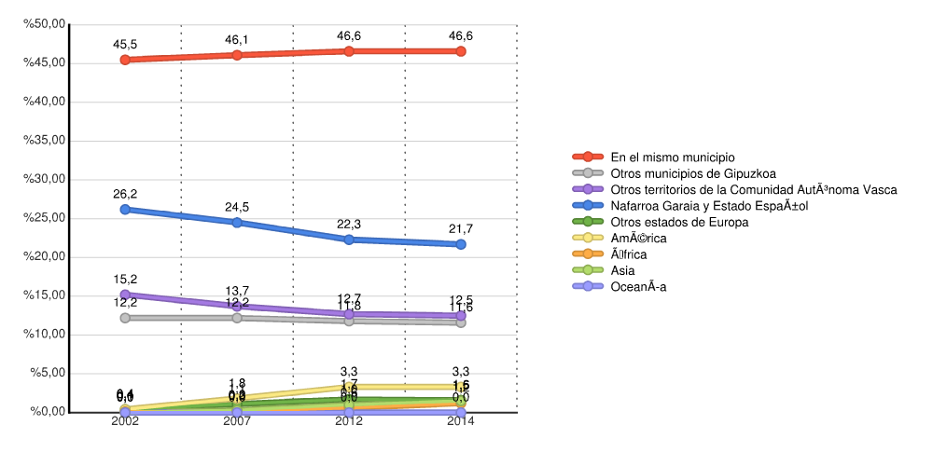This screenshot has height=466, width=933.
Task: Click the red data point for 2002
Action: coord(125,60)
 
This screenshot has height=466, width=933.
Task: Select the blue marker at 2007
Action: coord(237,223)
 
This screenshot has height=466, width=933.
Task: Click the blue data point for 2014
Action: coord(461,244)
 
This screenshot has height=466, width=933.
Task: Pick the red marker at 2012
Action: coord(349,50)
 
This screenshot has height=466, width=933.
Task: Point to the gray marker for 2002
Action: coord(125,318)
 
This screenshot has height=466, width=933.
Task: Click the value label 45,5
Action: coord(125,44)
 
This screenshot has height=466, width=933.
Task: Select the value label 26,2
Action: coord(125,194)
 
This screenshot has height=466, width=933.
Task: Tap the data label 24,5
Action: coord(237,207)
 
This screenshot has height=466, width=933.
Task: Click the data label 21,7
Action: coord(461,228)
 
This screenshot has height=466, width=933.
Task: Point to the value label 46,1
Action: coord(237,40)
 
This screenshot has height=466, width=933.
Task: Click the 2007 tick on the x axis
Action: coord(237,421)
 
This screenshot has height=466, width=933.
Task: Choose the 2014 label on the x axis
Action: coord(461,421)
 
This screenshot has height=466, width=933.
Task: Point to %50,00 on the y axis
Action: coord(45,23)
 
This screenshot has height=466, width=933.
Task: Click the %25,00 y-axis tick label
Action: coord(45,218)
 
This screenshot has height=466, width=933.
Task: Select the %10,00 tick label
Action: coord(45,335)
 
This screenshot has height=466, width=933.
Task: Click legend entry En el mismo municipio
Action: coord(672,157)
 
